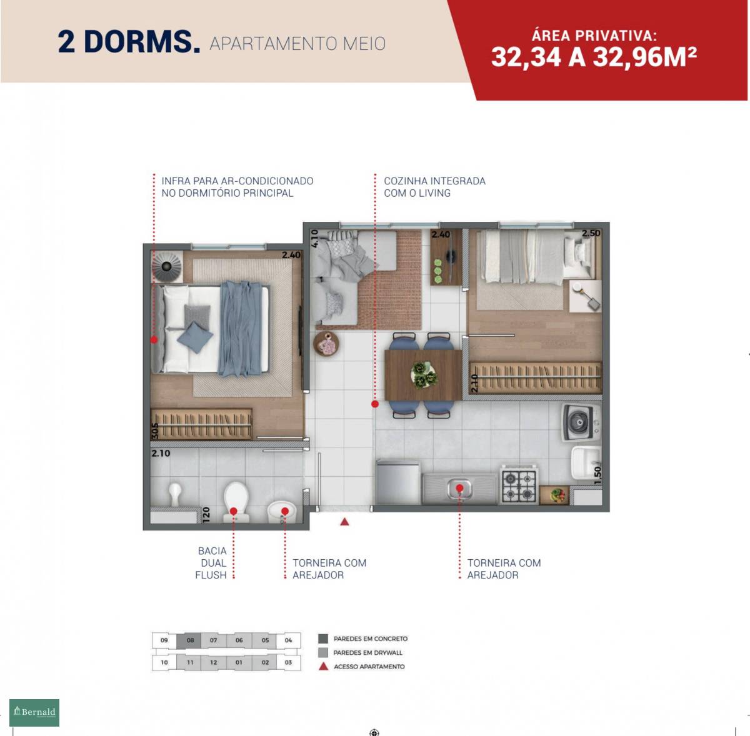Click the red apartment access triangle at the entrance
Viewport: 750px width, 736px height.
(x=344, y=522)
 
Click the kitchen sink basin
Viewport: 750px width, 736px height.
(x=459, y=489)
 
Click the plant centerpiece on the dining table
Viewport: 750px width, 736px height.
(x=424, y=374)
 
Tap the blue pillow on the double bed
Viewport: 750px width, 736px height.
(x=195, y=337)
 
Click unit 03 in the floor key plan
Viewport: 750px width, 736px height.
(x=288, y=662)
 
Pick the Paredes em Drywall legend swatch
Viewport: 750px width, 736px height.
(x=323, y=652)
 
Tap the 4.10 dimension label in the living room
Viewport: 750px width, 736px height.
(x=314, y=238)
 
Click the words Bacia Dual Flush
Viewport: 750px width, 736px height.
(x=211, y=563)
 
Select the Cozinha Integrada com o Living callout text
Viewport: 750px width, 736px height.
(x=434, y=187)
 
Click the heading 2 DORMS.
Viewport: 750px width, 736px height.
(x=129, y=41)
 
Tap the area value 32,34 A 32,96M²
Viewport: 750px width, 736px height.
(x=594, y=57)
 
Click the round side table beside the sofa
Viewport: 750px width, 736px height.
(x=326, y=343)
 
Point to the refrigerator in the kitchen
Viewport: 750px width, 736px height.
(x=398, y=482)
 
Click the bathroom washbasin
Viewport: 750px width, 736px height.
(x=282, y=512)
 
